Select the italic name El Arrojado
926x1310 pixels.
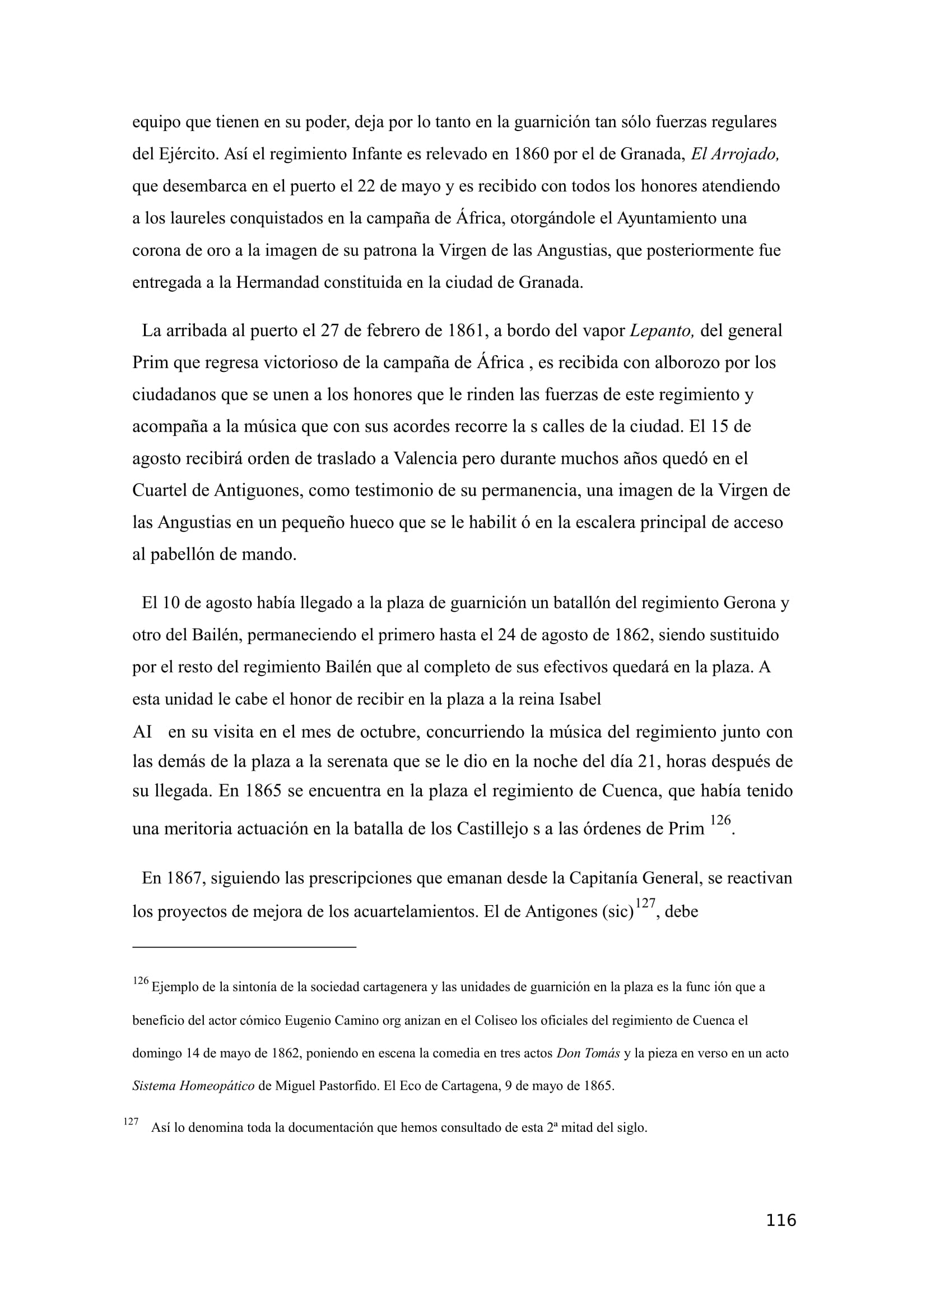coord(735,154)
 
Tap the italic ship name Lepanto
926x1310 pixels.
coord(661,331)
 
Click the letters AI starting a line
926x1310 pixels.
coord(142,732)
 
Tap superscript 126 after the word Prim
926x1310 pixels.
coord(720,821)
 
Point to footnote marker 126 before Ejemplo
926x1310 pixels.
coord(141,981)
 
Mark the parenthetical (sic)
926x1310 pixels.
coord(617,912)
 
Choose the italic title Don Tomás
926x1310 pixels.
coord(588,1053)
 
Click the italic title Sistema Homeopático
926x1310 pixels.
coord(193,1086)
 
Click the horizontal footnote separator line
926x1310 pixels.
coord(244,947)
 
